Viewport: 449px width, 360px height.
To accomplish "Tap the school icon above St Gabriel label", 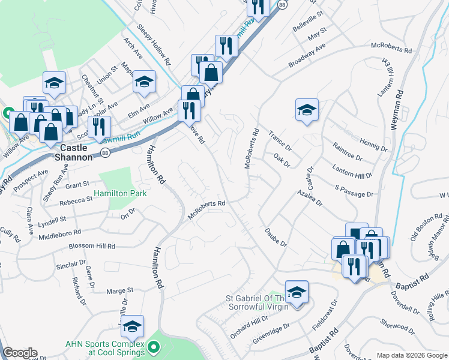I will tap(297, 293).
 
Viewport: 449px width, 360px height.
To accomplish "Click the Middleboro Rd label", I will tap(59, 234).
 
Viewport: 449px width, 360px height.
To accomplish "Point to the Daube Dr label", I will tap(276, 238).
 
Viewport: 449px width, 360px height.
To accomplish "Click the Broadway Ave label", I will tap(307, 55).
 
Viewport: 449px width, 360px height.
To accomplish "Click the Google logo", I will tap(20, 353).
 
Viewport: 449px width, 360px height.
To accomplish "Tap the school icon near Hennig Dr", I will tap(307, 110).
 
